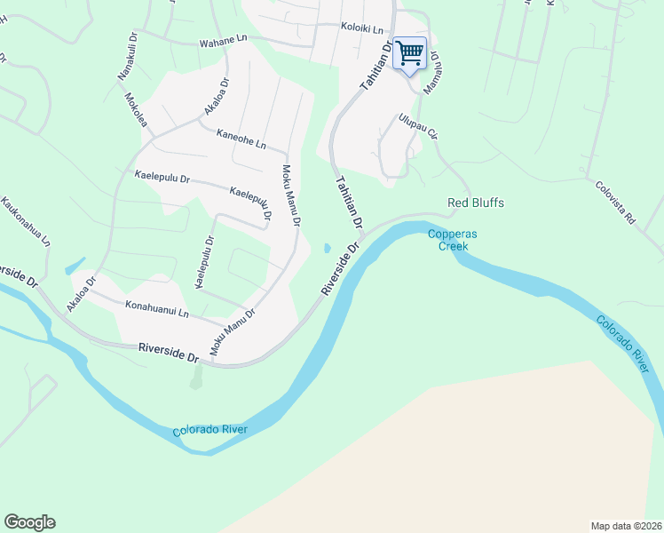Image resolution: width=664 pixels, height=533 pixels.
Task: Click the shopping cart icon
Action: coord(409,53)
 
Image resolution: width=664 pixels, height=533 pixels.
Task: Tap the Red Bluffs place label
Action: coord(476,203)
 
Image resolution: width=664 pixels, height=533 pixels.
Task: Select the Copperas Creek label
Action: coord(453,241)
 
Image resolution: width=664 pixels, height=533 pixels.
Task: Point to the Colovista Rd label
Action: coord(616,203)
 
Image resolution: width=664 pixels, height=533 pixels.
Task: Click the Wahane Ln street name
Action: coord(222,40)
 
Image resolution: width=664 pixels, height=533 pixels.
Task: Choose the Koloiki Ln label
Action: coord(361,27)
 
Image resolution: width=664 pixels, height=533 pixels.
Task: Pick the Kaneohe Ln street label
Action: coord(241,139)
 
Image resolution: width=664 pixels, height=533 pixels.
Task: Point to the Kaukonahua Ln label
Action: coord(28,221)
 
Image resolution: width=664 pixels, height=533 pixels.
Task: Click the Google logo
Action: coord(29,522)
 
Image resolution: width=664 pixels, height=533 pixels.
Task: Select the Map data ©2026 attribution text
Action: coord(626,525)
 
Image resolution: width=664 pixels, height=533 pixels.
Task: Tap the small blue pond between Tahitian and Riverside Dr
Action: coord(328,248)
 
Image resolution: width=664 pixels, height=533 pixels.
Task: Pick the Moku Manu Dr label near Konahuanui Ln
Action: coord(232,332)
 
